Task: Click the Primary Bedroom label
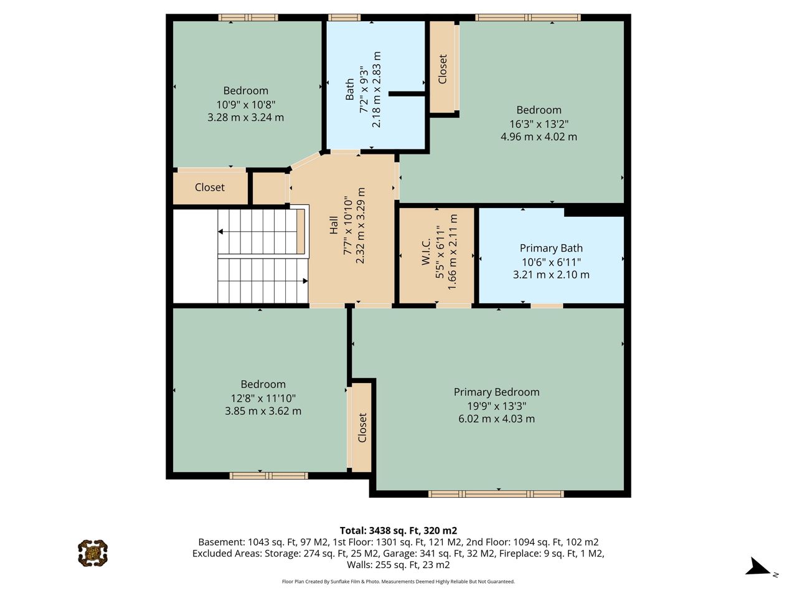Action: (x=496, y=392)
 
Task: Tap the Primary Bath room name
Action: (x=551, y=249)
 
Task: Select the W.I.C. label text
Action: (x=426, y=252)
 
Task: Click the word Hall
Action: (x=334, y=225)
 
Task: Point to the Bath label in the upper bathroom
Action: (x=349, y=89)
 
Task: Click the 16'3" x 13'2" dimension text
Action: (x=539, y=124)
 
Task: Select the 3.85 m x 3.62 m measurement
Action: (x=263, y=411)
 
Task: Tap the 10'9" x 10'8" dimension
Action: (x=246, y=105)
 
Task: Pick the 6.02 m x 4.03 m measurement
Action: (x=496, y=419)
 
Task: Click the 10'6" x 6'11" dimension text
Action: (x=551, y=262)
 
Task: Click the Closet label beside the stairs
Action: (x=209, y=187)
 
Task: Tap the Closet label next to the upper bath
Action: (x=442, y=69)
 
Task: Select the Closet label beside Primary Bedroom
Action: (x=362, y=428)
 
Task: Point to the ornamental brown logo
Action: (x=93, y=553)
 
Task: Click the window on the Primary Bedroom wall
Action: (x=496, y=494)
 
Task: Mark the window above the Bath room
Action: (x=344, y=17)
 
